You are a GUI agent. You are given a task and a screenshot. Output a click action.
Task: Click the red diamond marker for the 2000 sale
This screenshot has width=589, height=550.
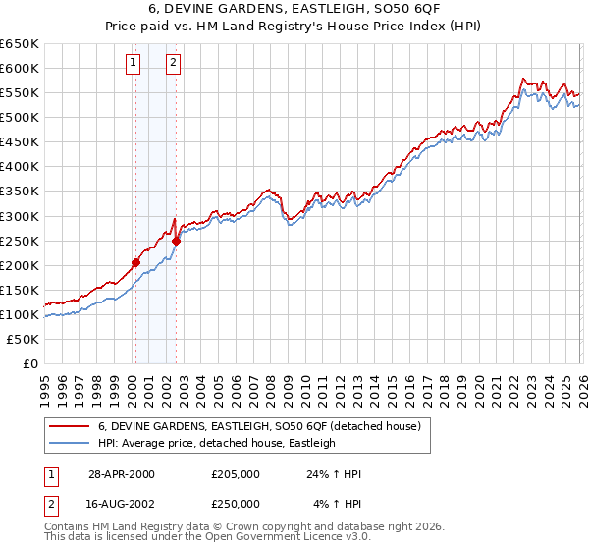135,262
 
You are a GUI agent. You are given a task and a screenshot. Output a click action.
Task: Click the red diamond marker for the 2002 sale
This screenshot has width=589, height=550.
176,241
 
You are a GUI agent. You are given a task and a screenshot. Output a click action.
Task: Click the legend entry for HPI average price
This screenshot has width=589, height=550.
217,443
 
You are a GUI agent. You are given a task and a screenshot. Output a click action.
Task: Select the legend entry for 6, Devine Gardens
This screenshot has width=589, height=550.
259,426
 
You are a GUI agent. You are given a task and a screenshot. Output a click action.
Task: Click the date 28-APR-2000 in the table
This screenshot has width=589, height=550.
121,474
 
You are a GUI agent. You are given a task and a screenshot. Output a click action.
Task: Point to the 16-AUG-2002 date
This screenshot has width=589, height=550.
121,504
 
